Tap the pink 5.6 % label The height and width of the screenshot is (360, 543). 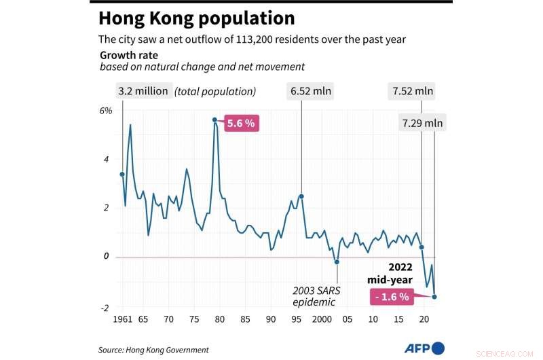point(240,124)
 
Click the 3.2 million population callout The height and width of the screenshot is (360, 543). point(143,91)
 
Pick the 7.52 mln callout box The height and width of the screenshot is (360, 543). point(413,91)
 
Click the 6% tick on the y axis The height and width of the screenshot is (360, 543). point(105,111)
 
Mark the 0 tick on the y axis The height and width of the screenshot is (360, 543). point(107,256)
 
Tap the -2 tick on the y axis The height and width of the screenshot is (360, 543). point(105,308)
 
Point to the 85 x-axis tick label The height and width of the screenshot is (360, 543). point(245,319)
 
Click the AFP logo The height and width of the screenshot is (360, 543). point(425,348)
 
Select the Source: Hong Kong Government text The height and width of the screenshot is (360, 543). point(154,350)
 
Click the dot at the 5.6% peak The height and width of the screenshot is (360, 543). point(214,120)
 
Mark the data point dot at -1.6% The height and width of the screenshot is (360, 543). point(434,296)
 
